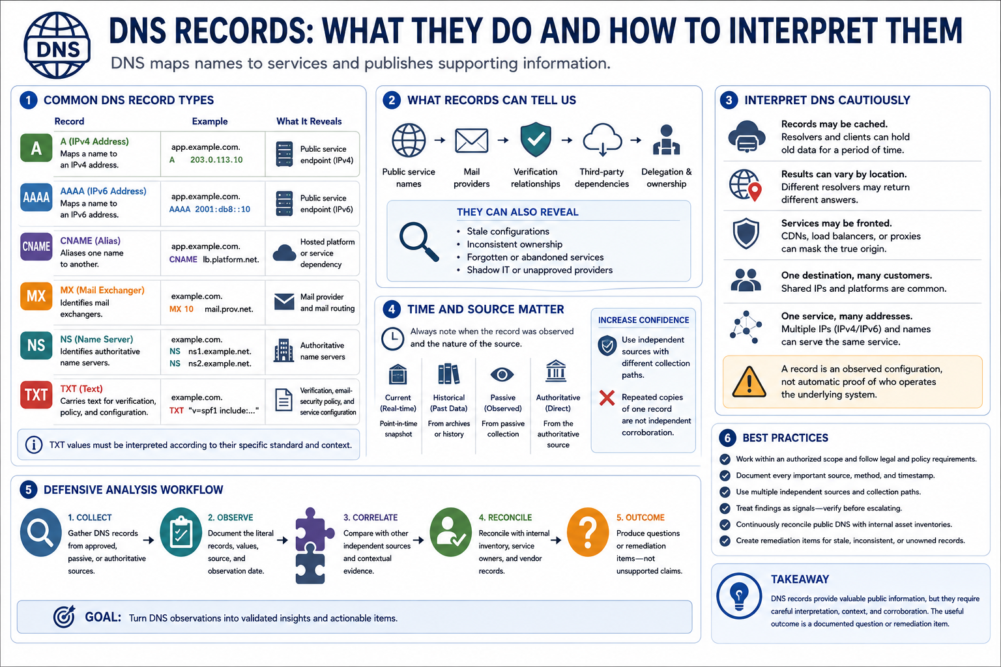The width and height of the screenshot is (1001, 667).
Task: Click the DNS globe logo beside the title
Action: (x=57, y=46)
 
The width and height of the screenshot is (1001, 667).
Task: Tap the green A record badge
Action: (x=36, y=148)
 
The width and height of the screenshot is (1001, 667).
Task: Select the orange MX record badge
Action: (x=36, y=296)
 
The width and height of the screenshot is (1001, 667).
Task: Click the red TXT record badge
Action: (x=36, y=395)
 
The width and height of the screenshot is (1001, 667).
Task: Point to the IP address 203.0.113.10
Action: (x=216, y=160)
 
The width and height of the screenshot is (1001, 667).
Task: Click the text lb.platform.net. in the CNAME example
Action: (x=231, y=259)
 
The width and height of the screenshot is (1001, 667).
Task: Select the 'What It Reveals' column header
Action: (x=309, y=122)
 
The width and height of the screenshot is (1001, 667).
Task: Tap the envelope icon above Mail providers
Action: (x=471, y=140)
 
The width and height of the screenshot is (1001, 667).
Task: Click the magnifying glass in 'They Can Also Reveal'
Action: (x=419, y=241)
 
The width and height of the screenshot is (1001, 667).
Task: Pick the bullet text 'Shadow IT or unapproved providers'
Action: (x=540, y=270)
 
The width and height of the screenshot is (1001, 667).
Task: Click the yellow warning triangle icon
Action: (x=749, y=382)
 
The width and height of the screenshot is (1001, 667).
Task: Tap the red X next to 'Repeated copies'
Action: (x=607, y=397)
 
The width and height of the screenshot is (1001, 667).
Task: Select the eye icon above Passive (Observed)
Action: (x=502, y=375)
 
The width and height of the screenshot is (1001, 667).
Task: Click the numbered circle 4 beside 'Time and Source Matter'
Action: (x=392, y=309)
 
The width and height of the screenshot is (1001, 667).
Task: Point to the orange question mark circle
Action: (x=588, y=532)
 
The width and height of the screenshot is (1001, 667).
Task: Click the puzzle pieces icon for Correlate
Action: (x=313, y=545)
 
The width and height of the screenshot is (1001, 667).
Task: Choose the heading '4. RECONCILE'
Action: (x=505, y=517)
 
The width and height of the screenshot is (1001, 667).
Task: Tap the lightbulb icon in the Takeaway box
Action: (x=738, y=596)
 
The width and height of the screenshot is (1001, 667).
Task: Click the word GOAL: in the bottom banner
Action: (x=103, y=617)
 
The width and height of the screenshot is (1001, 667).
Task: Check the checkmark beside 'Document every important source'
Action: (x=725, y=475)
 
